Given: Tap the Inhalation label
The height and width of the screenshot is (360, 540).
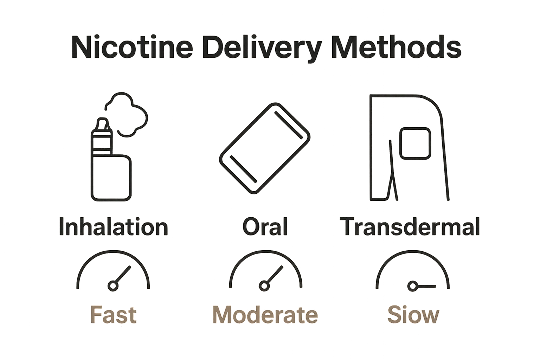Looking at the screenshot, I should point(113,227).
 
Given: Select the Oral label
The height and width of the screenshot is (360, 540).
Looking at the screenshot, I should point(265,227).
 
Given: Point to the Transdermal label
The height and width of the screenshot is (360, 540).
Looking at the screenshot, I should point(410,227).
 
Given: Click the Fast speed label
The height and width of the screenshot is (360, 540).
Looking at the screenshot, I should point(113,315).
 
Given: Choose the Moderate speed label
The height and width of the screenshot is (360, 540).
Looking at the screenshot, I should point(265,315).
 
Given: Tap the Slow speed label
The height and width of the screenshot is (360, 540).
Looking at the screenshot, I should point(413,315).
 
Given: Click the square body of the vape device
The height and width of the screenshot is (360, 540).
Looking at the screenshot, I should point(111,178).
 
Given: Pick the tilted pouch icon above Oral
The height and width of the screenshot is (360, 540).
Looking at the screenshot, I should point(265,148).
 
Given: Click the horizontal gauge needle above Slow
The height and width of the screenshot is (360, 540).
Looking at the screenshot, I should point(426,287).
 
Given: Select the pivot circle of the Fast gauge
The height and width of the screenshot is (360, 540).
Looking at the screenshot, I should point(113,286).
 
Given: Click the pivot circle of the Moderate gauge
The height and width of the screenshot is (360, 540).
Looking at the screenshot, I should point(264,286).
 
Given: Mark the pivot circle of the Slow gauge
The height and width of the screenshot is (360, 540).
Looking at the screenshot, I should point(412,286).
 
